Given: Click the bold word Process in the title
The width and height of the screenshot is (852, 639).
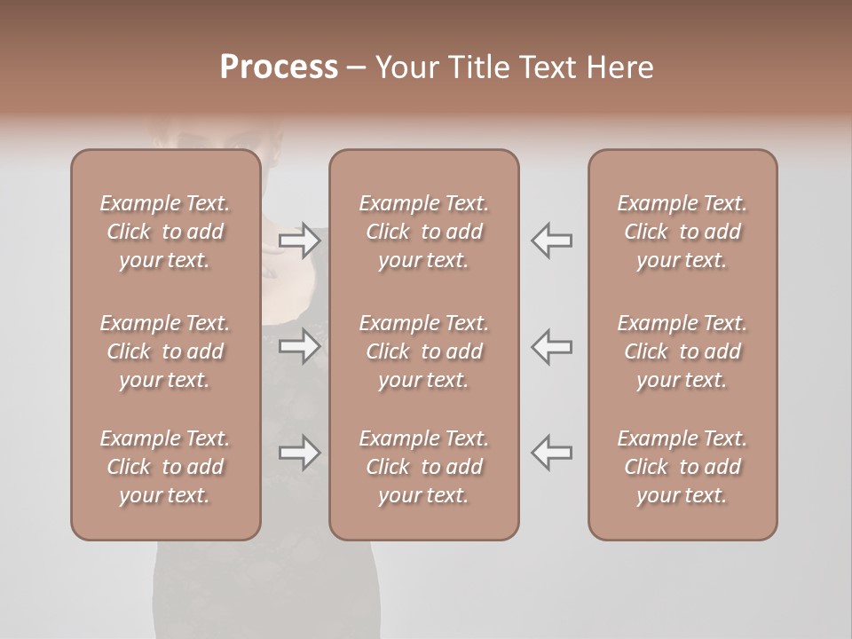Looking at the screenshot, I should coord(279,67).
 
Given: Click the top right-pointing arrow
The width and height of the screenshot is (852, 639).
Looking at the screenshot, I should coord(300,241).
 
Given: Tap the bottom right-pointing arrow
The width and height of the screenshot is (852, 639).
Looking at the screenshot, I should coord(300,454).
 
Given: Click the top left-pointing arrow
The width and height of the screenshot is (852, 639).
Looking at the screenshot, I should coord(552,241).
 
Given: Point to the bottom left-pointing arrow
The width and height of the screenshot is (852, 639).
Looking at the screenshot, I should coord(552,454).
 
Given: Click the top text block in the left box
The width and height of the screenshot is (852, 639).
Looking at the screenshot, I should coord(165,232).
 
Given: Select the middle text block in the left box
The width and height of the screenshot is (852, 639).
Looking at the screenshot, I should coord(165,351).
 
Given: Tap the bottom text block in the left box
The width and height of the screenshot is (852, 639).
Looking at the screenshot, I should coord(165,467).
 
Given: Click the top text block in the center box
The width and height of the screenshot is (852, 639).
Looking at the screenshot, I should coord(424,232).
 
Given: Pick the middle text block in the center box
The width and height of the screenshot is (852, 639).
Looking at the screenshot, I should coord(424,351).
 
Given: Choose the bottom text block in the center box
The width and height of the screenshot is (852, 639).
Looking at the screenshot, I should coord(424,467).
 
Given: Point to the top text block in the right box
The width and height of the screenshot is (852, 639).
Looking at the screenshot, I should coord(682,232).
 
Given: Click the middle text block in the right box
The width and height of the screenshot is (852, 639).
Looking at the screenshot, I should coord(682,351).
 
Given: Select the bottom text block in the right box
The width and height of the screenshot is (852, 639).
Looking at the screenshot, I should coord(682,467).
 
